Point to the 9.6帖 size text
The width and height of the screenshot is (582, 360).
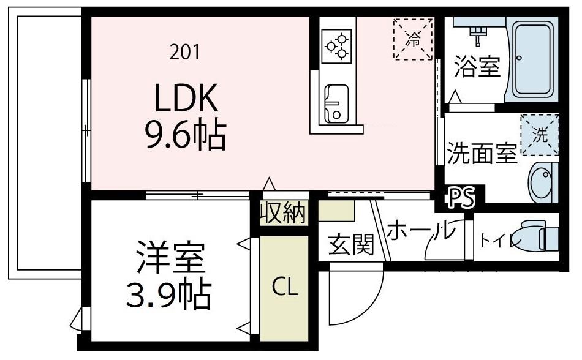click(185, 136)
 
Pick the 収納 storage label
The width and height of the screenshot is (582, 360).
click(282, 213)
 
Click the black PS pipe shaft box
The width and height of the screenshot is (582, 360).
click(462, 198)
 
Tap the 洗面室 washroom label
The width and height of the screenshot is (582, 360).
click(481, 154)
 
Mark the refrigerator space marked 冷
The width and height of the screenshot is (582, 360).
click(412, 40)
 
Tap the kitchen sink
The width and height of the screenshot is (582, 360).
click(336, 103)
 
